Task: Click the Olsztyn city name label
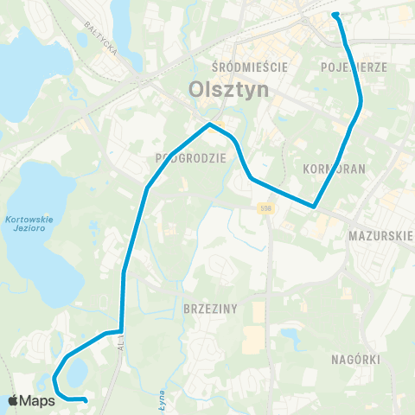[228, 89]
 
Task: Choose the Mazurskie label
[380, 234]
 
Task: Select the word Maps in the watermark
[38, 399]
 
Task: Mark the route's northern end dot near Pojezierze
[335, 14]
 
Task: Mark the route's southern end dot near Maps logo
[86, 399]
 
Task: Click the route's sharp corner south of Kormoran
[314, 206]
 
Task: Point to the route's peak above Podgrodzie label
[209, 125]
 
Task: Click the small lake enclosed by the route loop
[75, 373]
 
